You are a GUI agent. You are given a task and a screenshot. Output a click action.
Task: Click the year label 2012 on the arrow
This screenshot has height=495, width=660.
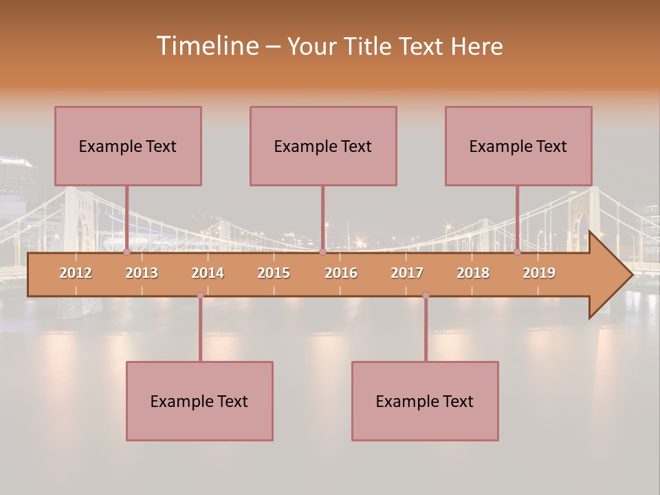click(76, 273)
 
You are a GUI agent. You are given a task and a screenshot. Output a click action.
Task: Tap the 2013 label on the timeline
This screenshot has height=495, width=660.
click(142, 273)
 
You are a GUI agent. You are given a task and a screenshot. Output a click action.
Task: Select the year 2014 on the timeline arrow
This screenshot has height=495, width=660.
click(208, 273)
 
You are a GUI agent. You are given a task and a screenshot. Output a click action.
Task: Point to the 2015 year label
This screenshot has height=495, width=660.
click(274, 273)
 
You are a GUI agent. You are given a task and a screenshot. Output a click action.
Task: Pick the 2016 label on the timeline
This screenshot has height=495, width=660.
click(341, 273)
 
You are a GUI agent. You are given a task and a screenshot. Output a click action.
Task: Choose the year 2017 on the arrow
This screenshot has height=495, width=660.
click(407, 273)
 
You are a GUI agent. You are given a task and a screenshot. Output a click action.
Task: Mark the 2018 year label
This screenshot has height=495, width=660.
click(473, 273)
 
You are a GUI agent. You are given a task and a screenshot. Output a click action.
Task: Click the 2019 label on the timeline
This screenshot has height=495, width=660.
click(539, 273)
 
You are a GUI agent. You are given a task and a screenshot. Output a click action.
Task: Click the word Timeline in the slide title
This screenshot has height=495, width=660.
click(207, 46)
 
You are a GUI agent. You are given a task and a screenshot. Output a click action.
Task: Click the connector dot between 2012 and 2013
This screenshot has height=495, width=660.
click(126, 252)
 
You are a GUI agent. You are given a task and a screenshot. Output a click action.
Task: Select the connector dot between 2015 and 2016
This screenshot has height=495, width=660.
click(322, 252)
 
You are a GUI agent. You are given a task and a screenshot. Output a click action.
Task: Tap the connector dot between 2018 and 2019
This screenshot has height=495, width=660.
click(518, 252)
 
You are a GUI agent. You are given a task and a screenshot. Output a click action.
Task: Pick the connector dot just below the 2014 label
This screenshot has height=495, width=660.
click(200, 296)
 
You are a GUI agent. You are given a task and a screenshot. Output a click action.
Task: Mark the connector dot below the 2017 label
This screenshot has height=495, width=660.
click(426, 296)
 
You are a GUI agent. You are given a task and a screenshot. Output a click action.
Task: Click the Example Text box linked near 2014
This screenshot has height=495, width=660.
click(199, 401)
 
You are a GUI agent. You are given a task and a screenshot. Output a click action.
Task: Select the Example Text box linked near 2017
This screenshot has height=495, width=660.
click(425, 401)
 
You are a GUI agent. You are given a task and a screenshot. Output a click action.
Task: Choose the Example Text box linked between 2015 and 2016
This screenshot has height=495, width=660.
click(323, 146)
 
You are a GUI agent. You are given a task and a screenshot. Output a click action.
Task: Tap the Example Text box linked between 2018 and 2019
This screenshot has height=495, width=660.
click(518, 146)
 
